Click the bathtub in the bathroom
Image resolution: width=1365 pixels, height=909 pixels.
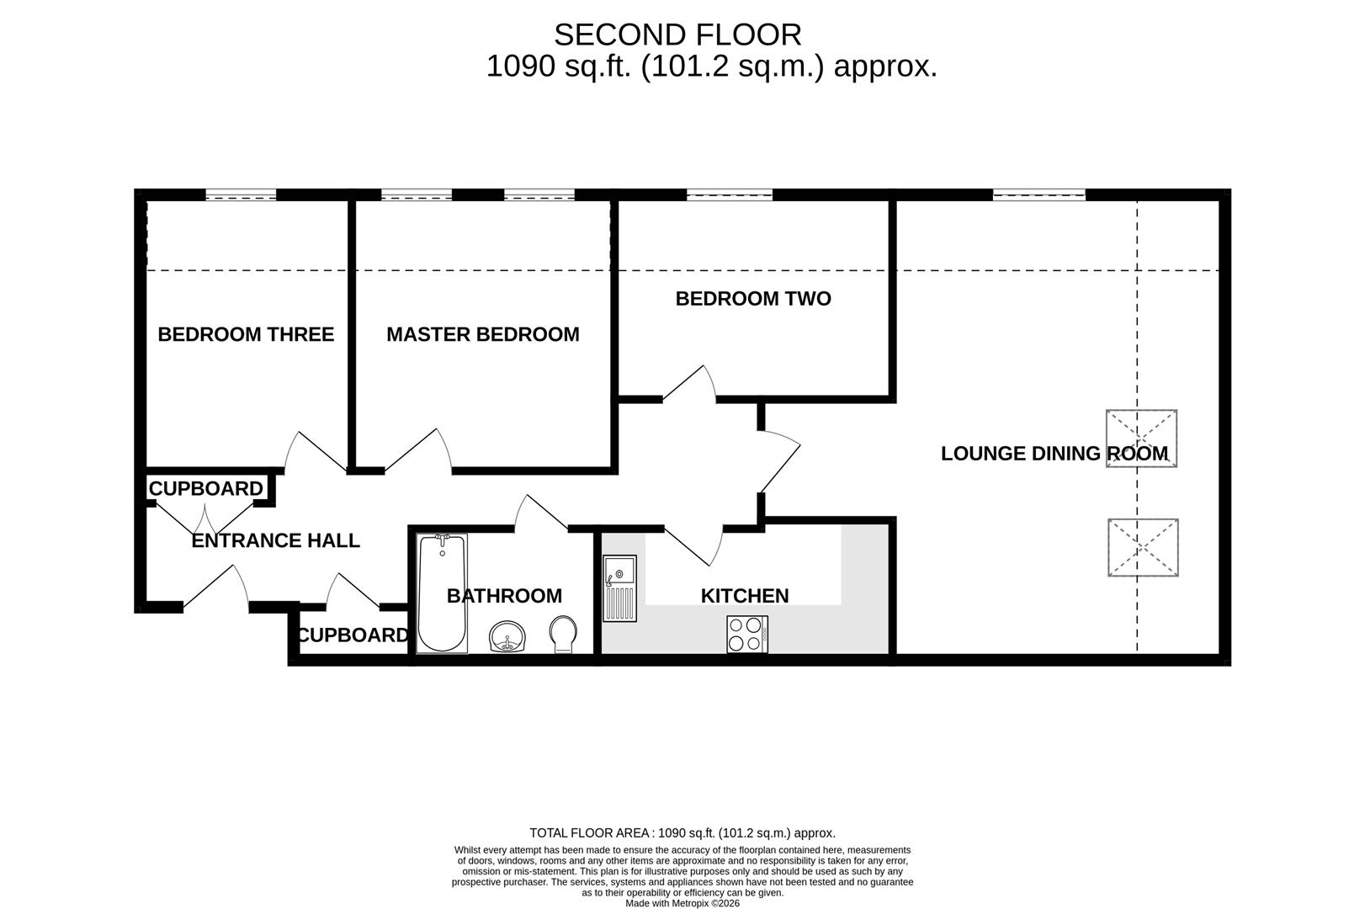442,593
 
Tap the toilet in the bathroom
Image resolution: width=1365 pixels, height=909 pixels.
563,634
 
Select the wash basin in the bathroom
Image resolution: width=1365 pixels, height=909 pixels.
507,636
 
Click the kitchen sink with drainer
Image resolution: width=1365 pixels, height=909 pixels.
619,587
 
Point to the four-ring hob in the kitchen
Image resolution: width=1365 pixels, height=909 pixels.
747,634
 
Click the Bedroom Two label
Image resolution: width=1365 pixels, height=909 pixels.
752,299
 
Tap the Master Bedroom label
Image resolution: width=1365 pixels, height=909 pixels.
482,334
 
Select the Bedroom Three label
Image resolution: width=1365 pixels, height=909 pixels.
246,334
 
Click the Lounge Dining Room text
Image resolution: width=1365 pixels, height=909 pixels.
1054,454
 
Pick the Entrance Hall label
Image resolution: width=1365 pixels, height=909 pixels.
275,540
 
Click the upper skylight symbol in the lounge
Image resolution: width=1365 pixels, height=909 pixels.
1141,439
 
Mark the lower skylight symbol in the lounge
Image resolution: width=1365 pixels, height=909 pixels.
1142,547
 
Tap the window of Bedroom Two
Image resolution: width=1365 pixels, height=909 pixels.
729,195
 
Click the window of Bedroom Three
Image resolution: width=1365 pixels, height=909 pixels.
241,195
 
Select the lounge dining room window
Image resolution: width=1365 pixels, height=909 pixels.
1038,195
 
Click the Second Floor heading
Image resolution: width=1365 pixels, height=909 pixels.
677,35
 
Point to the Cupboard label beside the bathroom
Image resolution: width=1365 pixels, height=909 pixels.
353,635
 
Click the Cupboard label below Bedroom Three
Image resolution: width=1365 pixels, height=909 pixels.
206,489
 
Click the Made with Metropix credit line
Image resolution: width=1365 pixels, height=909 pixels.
682,903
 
